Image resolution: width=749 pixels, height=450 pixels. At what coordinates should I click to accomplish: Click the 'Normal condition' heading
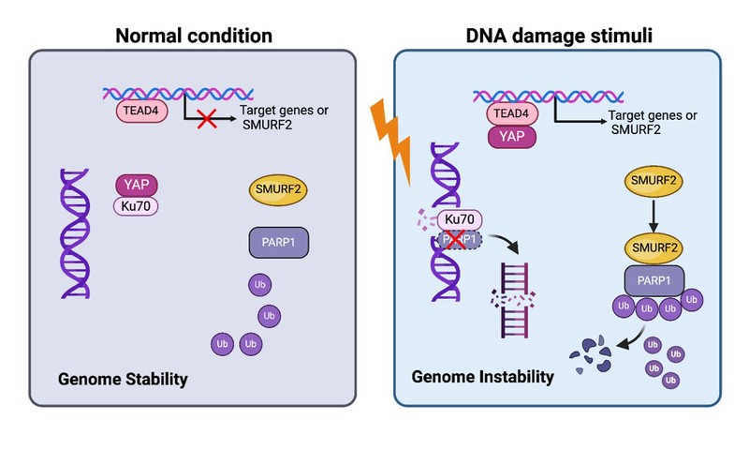(193, 37)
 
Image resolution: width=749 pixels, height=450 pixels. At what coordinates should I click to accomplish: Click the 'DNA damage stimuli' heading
(559, 37)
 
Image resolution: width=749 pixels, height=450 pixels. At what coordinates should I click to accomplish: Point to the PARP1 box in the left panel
(279, 243)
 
